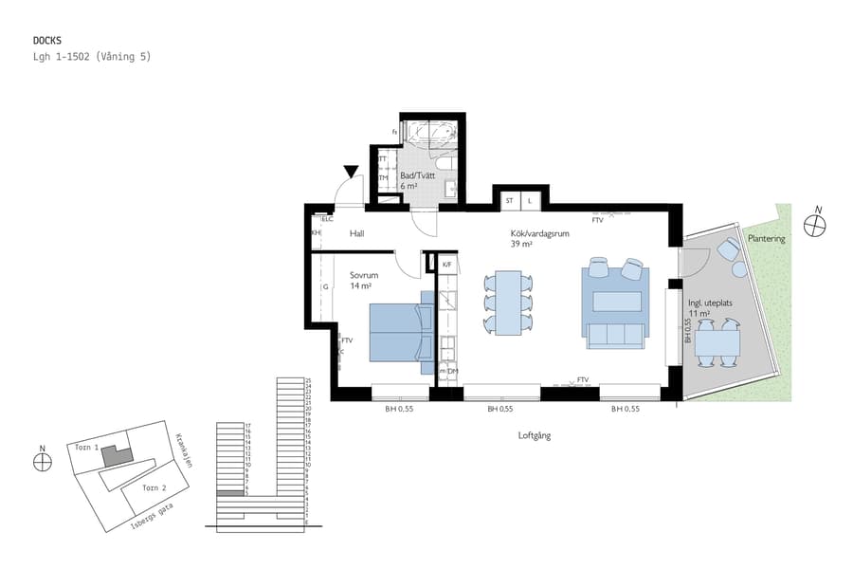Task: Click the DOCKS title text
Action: pos(46,41)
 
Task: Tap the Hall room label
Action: pos(356,233)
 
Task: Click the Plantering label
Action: pos(766,239)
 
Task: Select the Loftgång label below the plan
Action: pos(534,436)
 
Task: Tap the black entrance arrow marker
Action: pos(352,172)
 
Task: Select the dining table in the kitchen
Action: pos(508,303)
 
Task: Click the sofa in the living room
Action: pos(615,334)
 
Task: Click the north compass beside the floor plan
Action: pos(814,226)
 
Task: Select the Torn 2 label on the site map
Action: pos(154,487)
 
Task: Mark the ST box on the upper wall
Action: pos(509,201)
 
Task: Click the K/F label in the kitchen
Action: pos(446,266)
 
